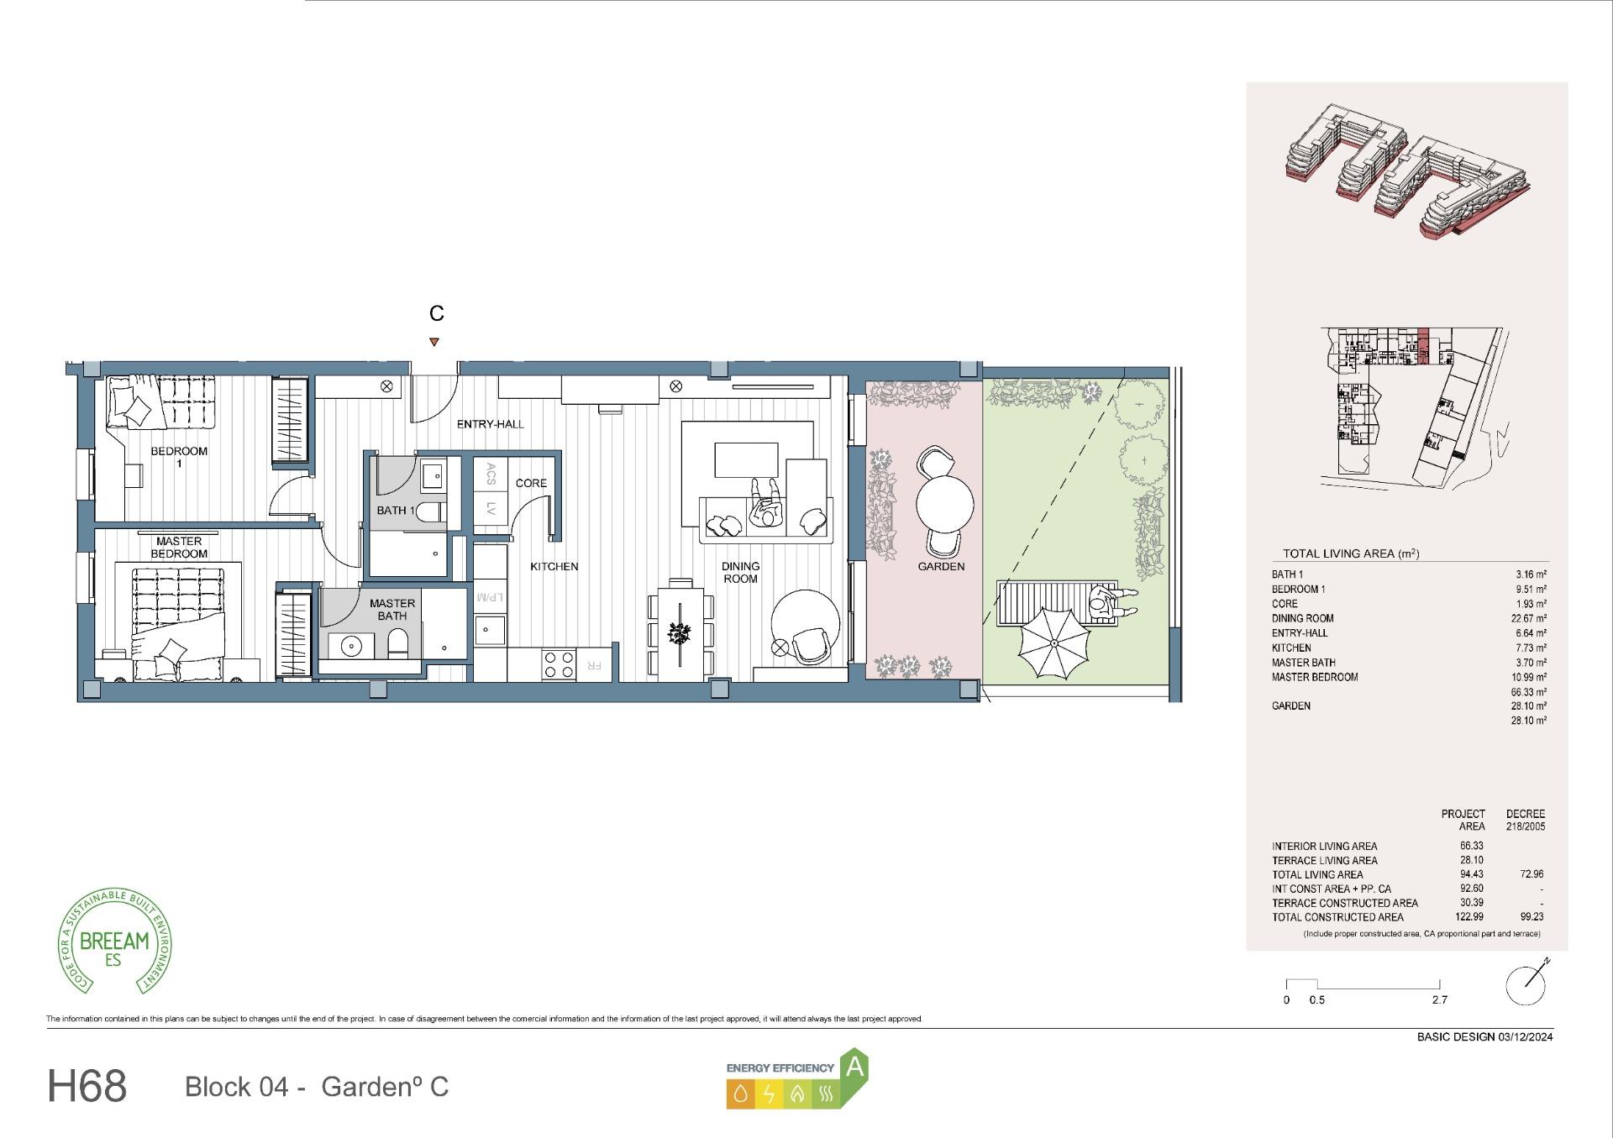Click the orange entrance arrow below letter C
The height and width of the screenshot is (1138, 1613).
tap(433, 342)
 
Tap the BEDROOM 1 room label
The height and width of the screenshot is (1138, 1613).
tap(179, 457)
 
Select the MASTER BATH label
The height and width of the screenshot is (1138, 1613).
tap(391, 609)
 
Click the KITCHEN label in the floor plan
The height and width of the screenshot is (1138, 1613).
tap(554, 567)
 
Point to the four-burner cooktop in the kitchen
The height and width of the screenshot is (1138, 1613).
tap(559, 664)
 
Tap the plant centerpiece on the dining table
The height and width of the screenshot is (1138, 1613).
tap(680, 633)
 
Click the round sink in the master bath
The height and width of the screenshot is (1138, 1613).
tap(350, 646)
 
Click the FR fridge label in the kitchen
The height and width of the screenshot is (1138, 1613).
tap(593, 665)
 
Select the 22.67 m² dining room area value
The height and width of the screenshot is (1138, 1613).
tap(1528, 619)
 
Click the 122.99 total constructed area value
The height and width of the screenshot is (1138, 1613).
tap(1469, 917)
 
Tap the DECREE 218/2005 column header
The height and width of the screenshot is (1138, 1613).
tap(1525, 820)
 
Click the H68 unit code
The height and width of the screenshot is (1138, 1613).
tap(87, 1086)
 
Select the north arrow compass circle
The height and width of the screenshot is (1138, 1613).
tap(1526, 985)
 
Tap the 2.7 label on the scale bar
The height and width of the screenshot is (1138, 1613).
tap(1439, 1000)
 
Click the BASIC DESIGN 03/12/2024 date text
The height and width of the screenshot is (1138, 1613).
tap(1484, 1036)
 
